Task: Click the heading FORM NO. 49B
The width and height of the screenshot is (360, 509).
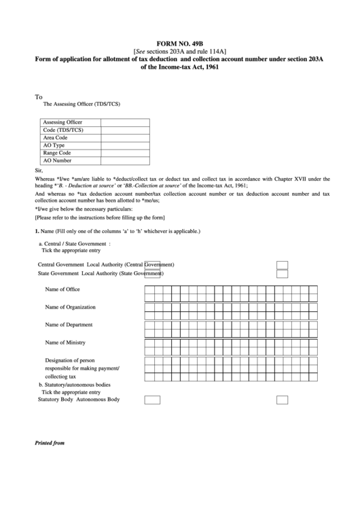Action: click(x=180, y=42)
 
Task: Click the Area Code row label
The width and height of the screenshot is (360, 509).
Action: click(x=56, y=137)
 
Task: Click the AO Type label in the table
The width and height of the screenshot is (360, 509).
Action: click(x=56, y=145)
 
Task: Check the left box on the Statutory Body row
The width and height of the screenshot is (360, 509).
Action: click(x=153, y=400)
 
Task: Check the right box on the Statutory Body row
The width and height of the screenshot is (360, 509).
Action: click(x=283, y=400)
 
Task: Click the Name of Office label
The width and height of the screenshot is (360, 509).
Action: click(x=62, y=289)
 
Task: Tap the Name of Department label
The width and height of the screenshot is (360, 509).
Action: click(x=69, y=325)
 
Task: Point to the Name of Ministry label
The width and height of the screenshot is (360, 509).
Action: click(x=65, y=343)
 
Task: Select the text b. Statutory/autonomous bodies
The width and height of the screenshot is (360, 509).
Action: click(x=74, y=385)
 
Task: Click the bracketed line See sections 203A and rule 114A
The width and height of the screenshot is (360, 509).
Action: click(x=180, y=51)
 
